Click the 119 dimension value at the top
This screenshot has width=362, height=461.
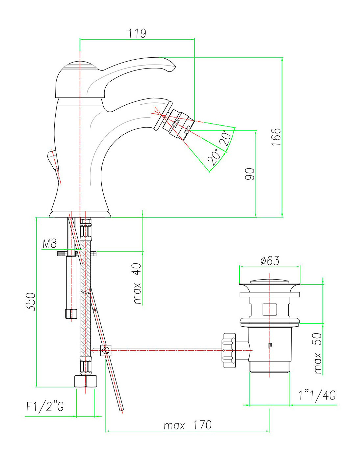point(137,33)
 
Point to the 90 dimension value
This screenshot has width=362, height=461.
point(250,174)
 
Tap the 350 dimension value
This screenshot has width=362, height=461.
point(31,301)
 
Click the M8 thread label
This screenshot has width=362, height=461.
point(50,244)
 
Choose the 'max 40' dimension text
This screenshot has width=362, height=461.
point(138,283)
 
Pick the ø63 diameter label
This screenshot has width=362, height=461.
point(270,261)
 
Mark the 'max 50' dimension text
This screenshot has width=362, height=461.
point(318,353)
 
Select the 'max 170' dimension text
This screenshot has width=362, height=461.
point(188,425)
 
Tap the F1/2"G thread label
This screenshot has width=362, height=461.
point(45,407)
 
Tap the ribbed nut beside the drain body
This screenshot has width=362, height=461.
point(229,350)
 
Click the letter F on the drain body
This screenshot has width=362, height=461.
point(271,346)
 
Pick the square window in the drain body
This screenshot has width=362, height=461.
point(270,310)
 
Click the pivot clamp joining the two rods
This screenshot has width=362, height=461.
point(105,350)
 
